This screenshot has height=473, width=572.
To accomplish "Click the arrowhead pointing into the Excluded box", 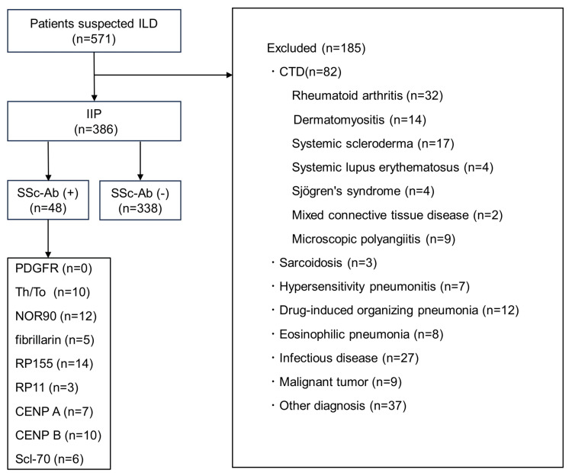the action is click(230, 76).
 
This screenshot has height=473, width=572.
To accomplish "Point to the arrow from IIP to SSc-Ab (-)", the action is click(140, 160).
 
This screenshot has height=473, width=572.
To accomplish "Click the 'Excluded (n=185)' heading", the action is click(316, 48).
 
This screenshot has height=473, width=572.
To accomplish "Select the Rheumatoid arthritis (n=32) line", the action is click(368, 95).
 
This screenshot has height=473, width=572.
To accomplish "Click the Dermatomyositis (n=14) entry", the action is click(360, 120).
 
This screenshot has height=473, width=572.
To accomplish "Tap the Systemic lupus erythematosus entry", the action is click(393, 167).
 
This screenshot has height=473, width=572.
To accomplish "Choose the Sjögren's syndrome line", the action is click(363, 191).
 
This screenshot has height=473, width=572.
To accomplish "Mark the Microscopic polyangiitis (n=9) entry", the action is click(374, 239).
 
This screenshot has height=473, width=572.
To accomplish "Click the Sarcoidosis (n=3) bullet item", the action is click(324, 262).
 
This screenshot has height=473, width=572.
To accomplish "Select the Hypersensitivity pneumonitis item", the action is click(370, 287).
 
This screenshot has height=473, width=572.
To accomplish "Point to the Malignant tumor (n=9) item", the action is click(336, 382).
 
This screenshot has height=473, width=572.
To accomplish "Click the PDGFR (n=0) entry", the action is click(53, 269).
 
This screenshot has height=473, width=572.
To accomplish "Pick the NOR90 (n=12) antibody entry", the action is click(56, 316).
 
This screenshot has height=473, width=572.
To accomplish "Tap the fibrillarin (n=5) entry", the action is click(55, 340).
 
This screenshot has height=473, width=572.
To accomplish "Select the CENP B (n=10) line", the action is click(59, 435).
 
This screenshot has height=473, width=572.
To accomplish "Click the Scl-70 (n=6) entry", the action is click(50, 459).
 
